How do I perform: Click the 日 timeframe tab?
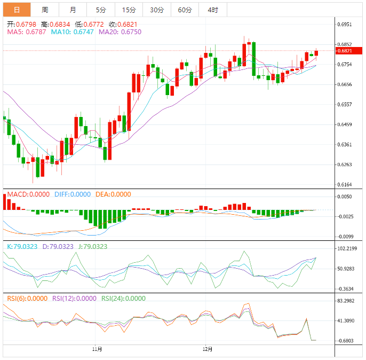click(17, 10)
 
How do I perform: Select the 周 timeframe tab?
click(45, 10)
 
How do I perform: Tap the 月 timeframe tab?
click(73, 10)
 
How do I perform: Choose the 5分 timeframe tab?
click(101, 10)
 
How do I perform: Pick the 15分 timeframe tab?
click(129, 10)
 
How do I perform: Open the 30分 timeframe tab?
click(157, 10)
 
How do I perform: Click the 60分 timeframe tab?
click(185, 10)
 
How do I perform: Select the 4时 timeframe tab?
click(212, 10)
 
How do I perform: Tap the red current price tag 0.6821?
click(344, 51)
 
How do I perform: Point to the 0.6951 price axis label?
click(345, 25)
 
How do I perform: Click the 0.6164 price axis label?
click(345, 185)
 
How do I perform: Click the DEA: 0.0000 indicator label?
click(113, 194)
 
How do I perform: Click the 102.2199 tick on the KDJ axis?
click(346, 249)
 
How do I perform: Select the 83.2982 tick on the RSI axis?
click(346, 301)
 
